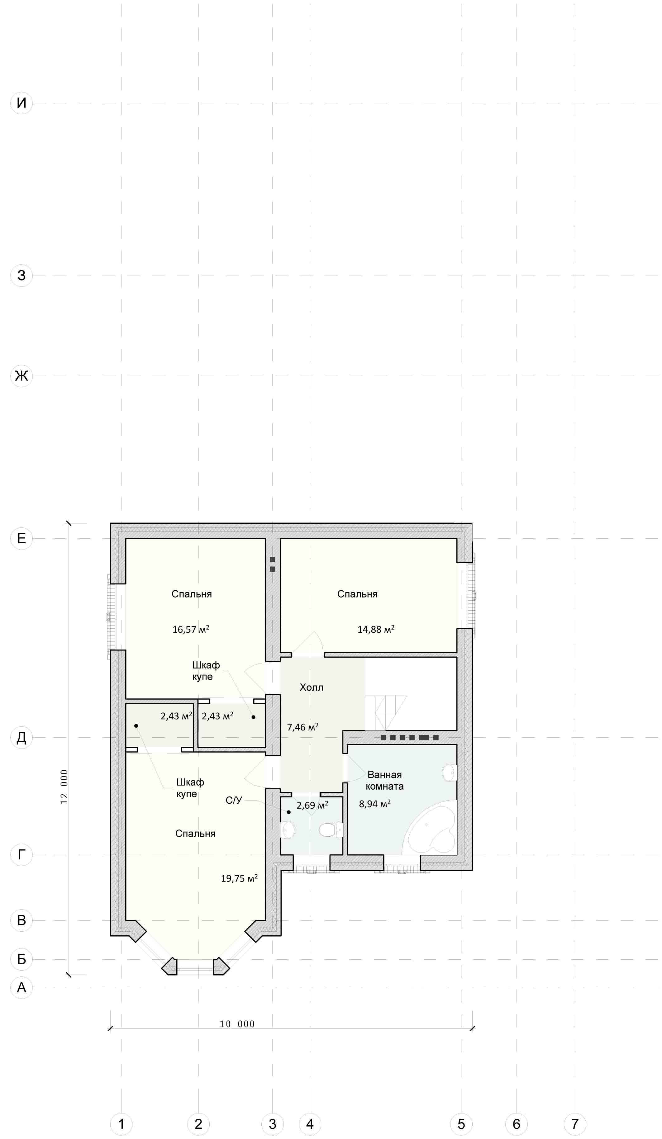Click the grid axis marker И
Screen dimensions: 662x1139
21,103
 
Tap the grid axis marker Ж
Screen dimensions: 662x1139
21,376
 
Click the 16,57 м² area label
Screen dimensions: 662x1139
191,629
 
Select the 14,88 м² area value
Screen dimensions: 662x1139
376,629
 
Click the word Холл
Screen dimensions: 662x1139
312,688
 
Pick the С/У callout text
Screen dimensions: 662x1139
234,801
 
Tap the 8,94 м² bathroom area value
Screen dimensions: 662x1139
375,804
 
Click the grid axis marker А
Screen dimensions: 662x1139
21,988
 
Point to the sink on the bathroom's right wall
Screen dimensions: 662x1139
450,773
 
